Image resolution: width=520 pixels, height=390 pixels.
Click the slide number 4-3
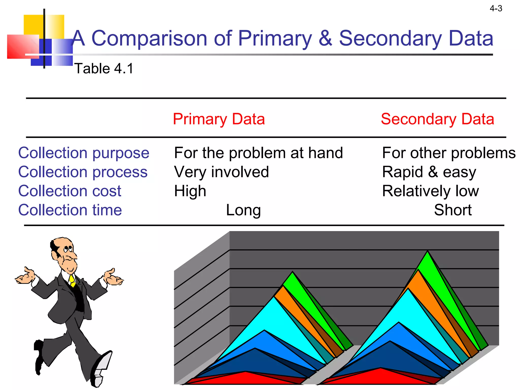(x=496, y=9)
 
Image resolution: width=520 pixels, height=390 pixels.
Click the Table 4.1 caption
(x=104, y=69)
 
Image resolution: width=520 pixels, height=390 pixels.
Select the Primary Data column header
(x=219, y=119)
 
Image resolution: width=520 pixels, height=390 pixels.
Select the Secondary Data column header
(x=437, y=119)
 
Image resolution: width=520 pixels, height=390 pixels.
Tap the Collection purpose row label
(x=84, y=153)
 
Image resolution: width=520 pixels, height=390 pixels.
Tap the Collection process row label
(x=83, y=172)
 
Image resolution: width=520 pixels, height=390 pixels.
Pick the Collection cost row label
(x=70, y=191)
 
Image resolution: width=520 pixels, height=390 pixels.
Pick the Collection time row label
(x=70, y=210)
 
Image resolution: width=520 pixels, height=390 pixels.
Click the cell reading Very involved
(x=221, y=172)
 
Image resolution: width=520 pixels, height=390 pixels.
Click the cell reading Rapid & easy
(x=429, y=172)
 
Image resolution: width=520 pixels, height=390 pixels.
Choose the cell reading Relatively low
(x=430, y=191)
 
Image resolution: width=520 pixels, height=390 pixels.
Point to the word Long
(x=243, y=210)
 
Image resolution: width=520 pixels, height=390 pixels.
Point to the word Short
(x=453, y=210)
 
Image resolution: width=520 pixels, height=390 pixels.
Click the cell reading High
(x=190, y=191)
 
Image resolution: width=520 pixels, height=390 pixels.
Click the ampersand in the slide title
(x=325, y=38)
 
